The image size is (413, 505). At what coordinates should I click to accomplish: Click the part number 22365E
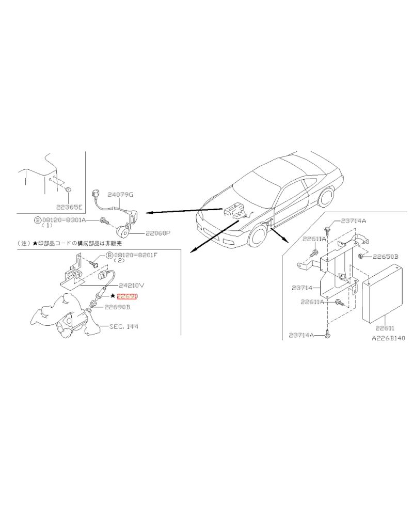(x=69, y=207)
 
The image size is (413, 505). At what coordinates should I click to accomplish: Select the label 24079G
(x=120, y=195)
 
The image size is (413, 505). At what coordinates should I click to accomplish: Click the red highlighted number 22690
(x=128, y=296)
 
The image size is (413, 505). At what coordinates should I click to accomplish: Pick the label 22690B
(x=117, y=307)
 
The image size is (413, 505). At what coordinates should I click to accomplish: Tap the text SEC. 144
(x=124, y=326)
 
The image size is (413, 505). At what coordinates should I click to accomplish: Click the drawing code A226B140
(x=389, y=339)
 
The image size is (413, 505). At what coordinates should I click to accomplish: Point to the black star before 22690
(x=113, y=296)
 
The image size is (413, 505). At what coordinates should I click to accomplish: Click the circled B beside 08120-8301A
(x=37, y=220)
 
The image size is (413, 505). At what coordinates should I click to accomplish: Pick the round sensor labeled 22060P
(x=123, y=231)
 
